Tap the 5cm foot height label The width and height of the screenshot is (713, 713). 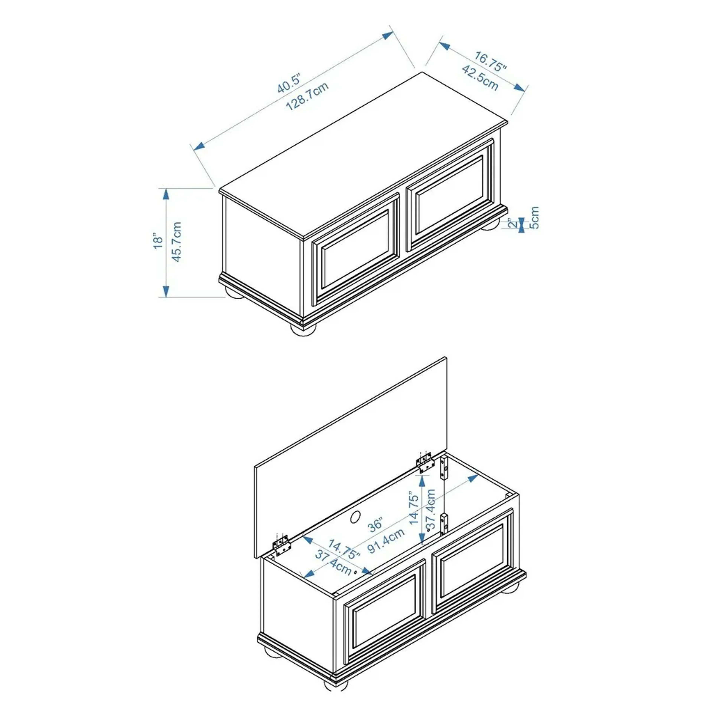[534, 218]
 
